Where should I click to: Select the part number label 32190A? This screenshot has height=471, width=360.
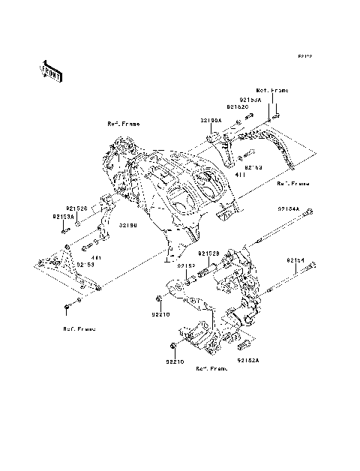[211, 120]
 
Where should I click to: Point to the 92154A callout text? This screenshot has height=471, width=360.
[288, 209]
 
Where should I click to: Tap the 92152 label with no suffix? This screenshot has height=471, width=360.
[187, 265]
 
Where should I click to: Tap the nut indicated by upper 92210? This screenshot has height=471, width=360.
[160, 300]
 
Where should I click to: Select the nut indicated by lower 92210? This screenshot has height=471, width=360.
[174, 346]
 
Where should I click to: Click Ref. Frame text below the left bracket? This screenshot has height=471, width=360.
[79, 328]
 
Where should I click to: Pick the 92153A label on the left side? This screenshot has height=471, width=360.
[63, 216]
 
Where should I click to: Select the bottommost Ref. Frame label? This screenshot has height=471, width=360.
[211, 369]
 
